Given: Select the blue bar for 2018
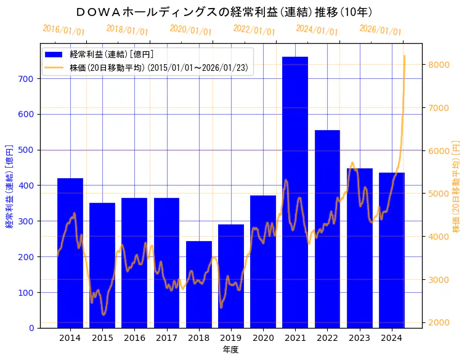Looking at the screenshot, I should pyautogui.click(x=198, y=284).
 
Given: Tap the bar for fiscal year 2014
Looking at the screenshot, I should pyautogui.click(x=70, y=253).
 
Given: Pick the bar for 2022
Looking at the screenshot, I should pyautogui.click(x=327, y=229).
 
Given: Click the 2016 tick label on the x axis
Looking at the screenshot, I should pyautogui.click(x=134, y=338).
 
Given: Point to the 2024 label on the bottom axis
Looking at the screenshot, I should pyautogui.click(x=391, y=338).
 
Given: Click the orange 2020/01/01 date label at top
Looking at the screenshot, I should pyautogui.click(x=190, y=30).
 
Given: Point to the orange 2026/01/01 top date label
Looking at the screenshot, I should pyautogui.click(x=380, y=30).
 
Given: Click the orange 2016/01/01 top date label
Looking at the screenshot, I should pyautogui.click(x=63, y=30).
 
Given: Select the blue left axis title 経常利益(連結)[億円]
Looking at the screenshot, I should pyautogui.click(x=10, y=186).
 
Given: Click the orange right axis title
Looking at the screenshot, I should pyautogui.click(x=457, y=186).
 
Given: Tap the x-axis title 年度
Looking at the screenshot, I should pyautogui.click(x=230, y=350).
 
